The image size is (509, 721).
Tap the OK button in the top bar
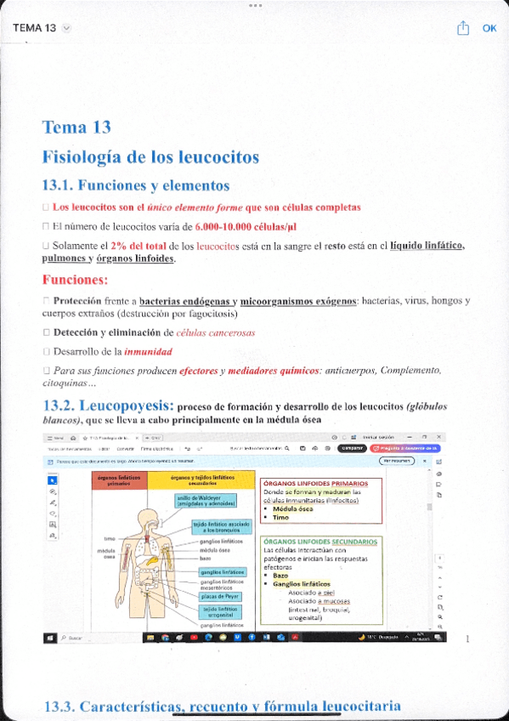click(489, 28)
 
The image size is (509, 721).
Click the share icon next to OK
click(463, 28)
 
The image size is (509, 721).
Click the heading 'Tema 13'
click(76, 128)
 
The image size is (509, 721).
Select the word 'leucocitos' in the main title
click(219, 157)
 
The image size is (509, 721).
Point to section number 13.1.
click(59, 185)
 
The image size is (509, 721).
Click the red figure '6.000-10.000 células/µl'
click(246, 227)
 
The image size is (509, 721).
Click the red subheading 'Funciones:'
click(75, 280)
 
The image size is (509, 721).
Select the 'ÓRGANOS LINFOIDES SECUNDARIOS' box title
click(321, 541)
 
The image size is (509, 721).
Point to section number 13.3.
click(59, 707)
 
